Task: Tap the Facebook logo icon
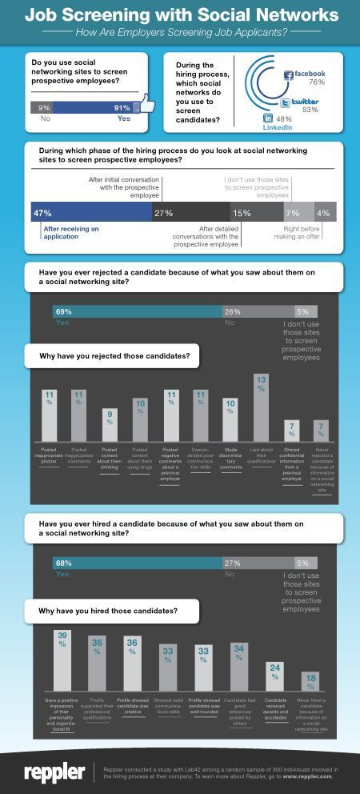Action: (x=289, y=75)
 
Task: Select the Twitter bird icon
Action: (x=286, y=102)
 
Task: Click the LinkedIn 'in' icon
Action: (x=268, y=118)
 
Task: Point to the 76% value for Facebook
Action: (x=316, y=82)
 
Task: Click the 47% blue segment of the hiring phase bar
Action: (x=90, y=213)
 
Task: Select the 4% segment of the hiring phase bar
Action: (x=324, y=213)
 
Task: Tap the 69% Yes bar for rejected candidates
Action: (x=137, y=311)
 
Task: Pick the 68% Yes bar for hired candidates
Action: (x=137, y=563)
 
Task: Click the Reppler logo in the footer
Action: (x=54, y=772)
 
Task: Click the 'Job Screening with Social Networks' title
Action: (x=181, y=14)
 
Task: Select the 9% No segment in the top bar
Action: (x=45, y=107)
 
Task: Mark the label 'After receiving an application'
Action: (x=70, y=232)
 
